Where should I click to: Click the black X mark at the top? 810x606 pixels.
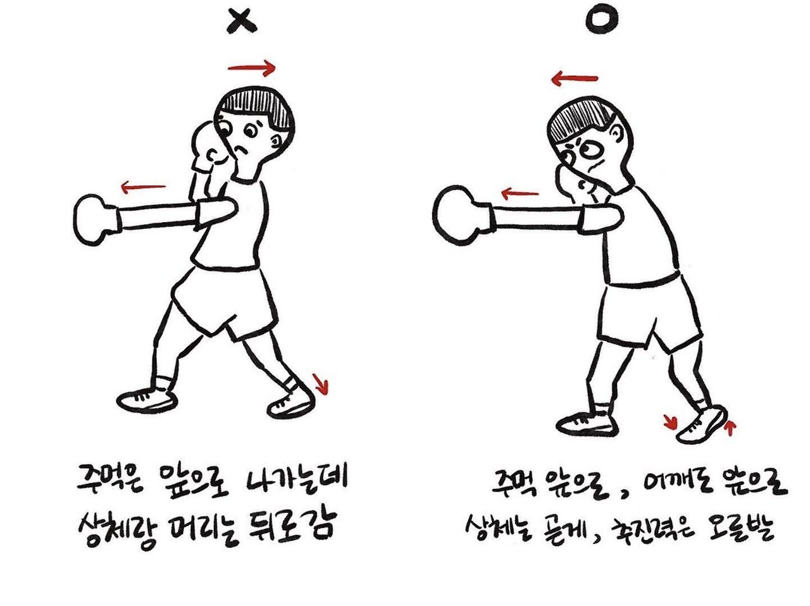[242, 22]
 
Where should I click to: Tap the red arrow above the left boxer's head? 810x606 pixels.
[252, 68]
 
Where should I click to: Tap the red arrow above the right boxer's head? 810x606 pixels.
[574, 78]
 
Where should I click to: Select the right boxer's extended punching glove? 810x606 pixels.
[462, 216]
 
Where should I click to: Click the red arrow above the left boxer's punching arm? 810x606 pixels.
[143, 187]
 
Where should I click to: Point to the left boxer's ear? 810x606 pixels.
[276, 139]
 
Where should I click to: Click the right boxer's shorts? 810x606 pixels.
[651, 314]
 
